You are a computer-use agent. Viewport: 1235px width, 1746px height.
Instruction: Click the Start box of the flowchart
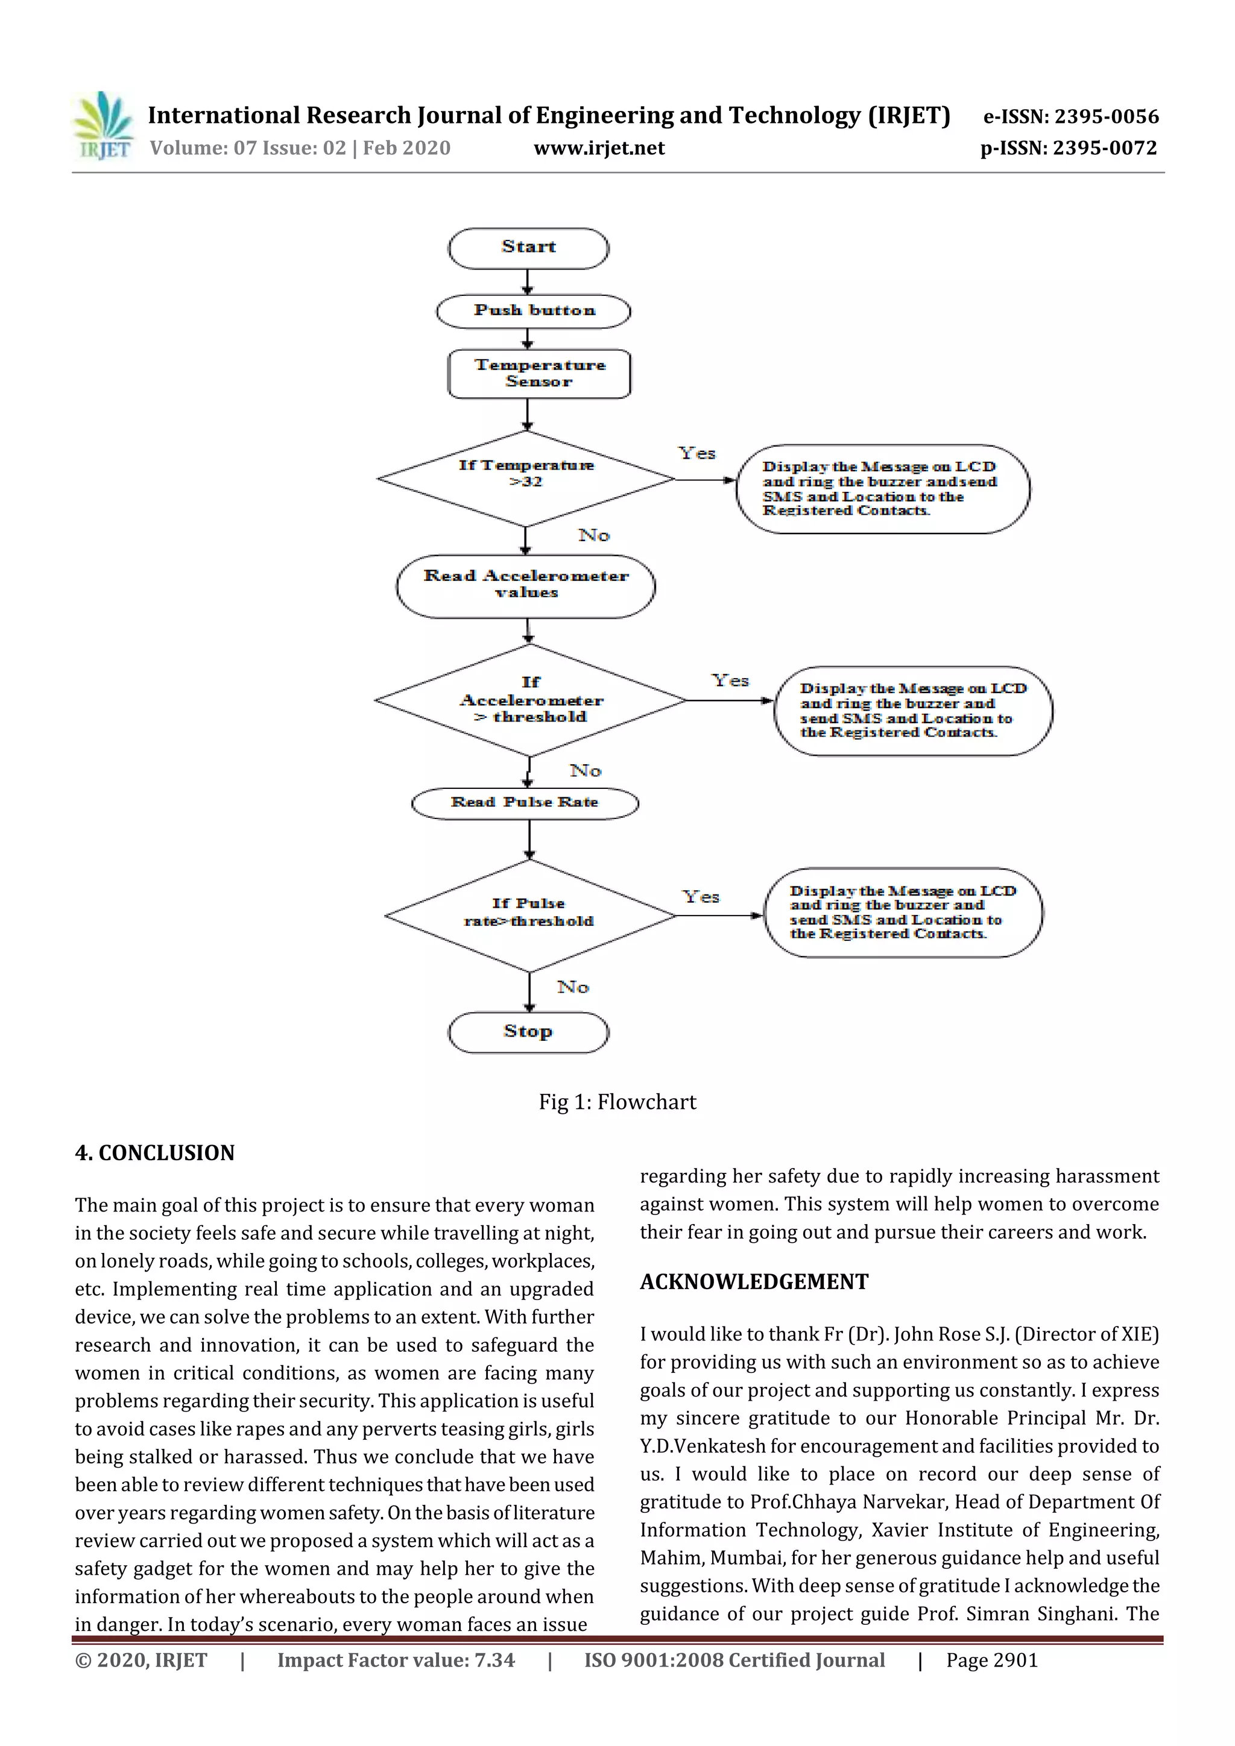528,248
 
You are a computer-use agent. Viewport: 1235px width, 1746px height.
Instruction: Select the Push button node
534,311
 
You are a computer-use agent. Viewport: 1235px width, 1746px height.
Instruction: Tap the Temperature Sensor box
539,374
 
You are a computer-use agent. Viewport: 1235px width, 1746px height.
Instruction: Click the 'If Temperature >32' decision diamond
526,479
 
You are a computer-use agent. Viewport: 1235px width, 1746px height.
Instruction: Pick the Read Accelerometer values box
526,586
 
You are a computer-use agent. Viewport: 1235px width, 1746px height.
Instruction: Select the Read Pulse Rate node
524,803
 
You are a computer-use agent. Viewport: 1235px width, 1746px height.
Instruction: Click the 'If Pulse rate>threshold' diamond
529,915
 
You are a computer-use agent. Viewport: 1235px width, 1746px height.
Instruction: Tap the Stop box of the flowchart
528,1032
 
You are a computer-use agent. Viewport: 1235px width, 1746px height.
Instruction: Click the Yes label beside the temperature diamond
697,453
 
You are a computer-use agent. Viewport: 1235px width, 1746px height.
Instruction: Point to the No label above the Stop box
573,987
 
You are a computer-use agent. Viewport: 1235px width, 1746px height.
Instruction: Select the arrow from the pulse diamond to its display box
719,915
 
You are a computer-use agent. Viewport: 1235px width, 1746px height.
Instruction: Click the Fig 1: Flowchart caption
617,1102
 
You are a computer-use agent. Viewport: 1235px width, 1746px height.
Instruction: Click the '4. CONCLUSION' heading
154,1153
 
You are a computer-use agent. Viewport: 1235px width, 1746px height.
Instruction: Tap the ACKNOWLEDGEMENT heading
753,1282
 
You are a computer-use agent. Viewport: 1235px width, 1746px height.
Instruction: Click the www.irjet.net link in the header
599,148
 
